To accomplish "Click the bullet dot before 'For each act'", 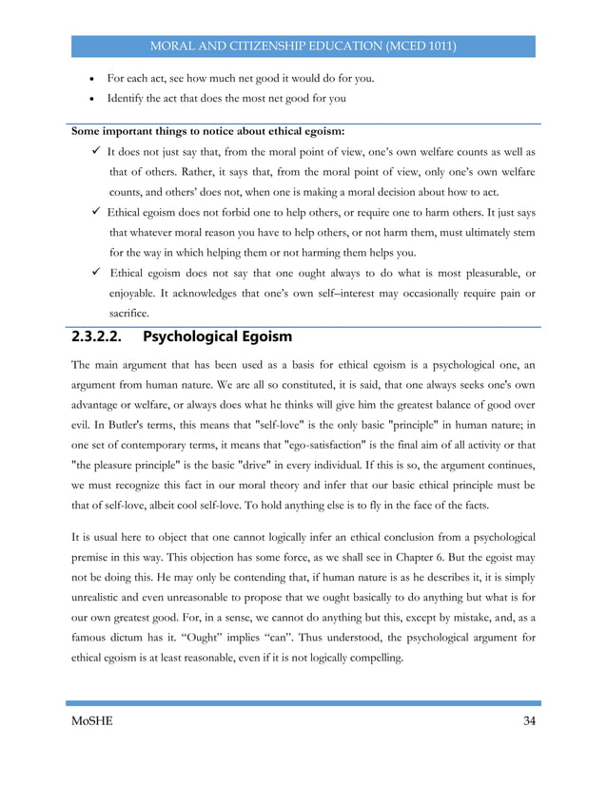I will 88,78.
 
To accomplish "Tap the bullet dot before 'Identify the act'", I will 88,98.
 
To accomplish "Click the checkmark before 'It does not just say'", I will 98,151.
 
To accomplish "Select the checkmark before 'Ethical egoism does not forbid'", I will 98,212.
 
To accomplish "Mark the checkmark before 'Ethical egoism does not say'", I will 98,273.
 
